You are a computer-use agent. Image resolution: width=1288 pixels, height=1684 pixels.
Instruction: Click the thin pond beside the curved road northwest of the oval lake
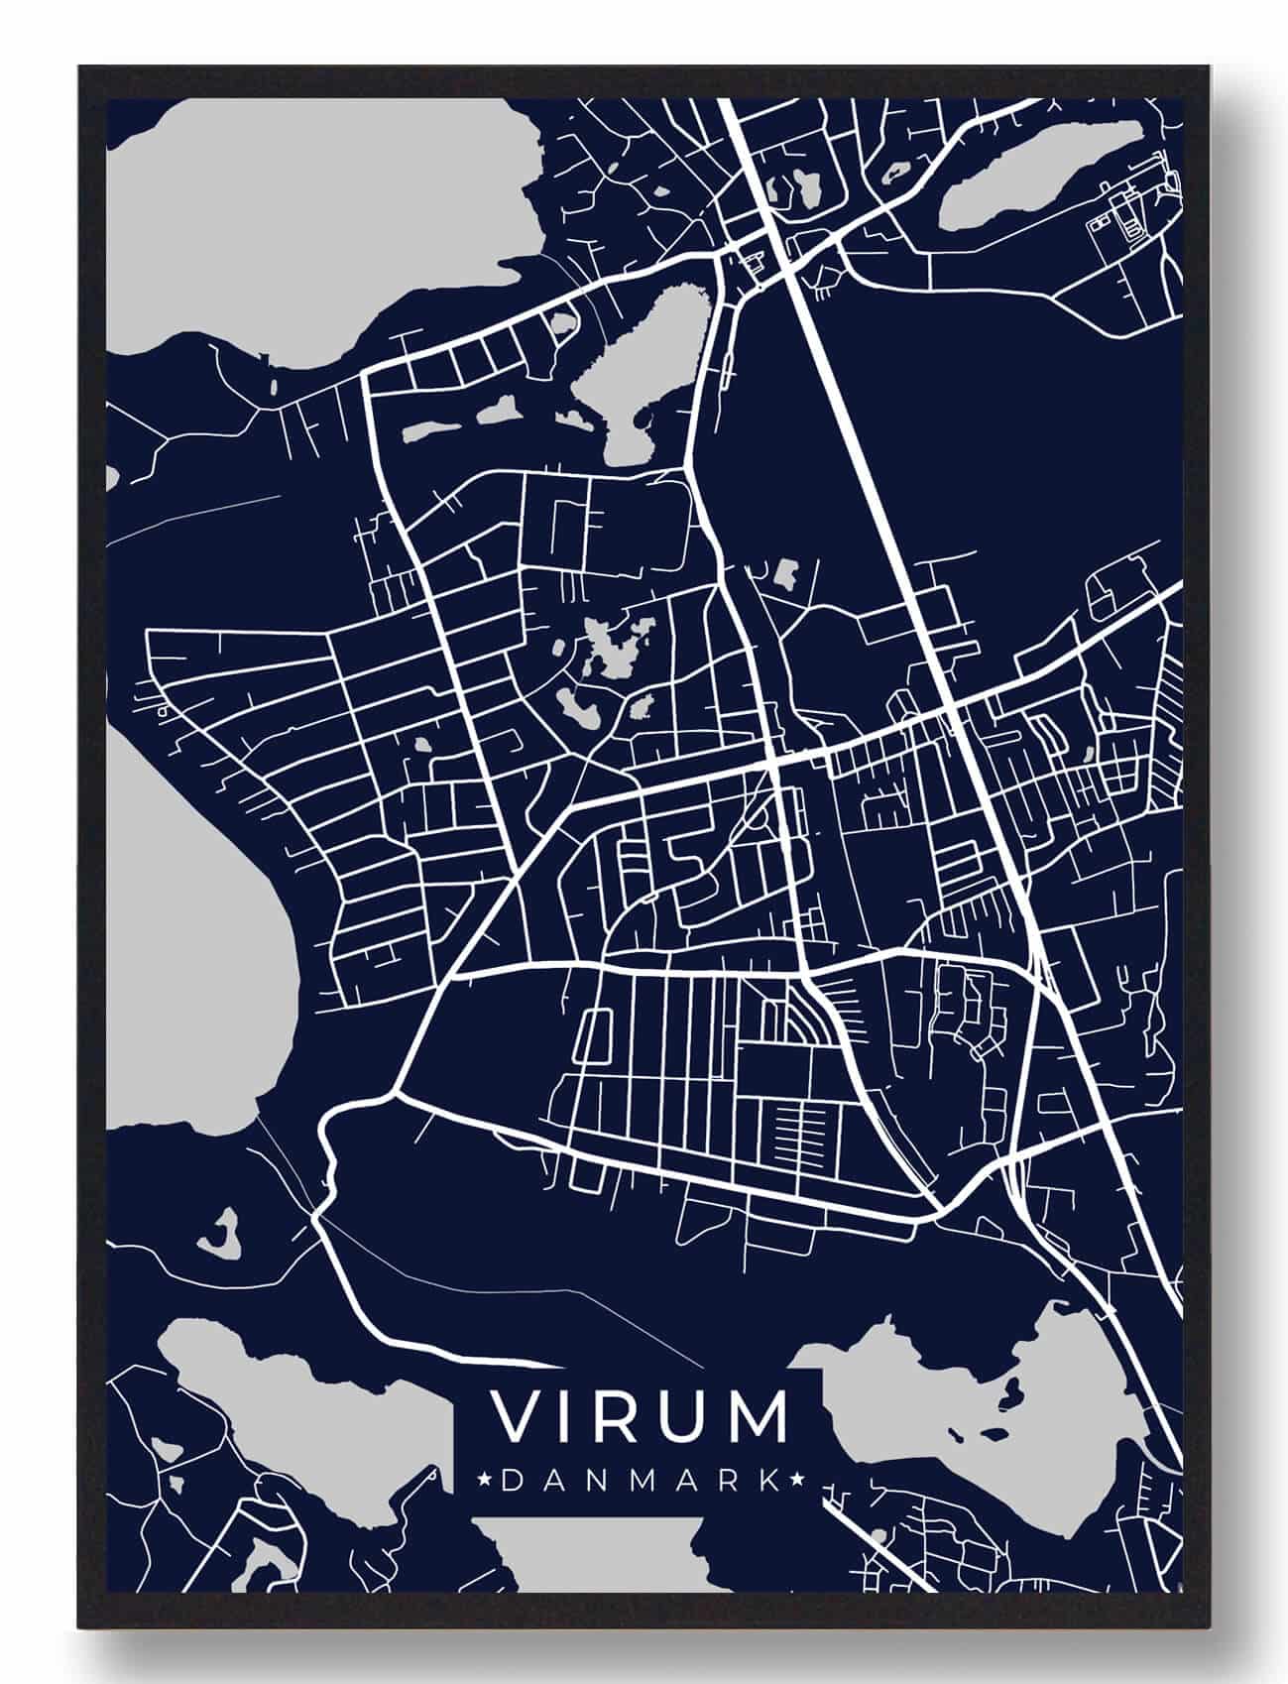[564, 323]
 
